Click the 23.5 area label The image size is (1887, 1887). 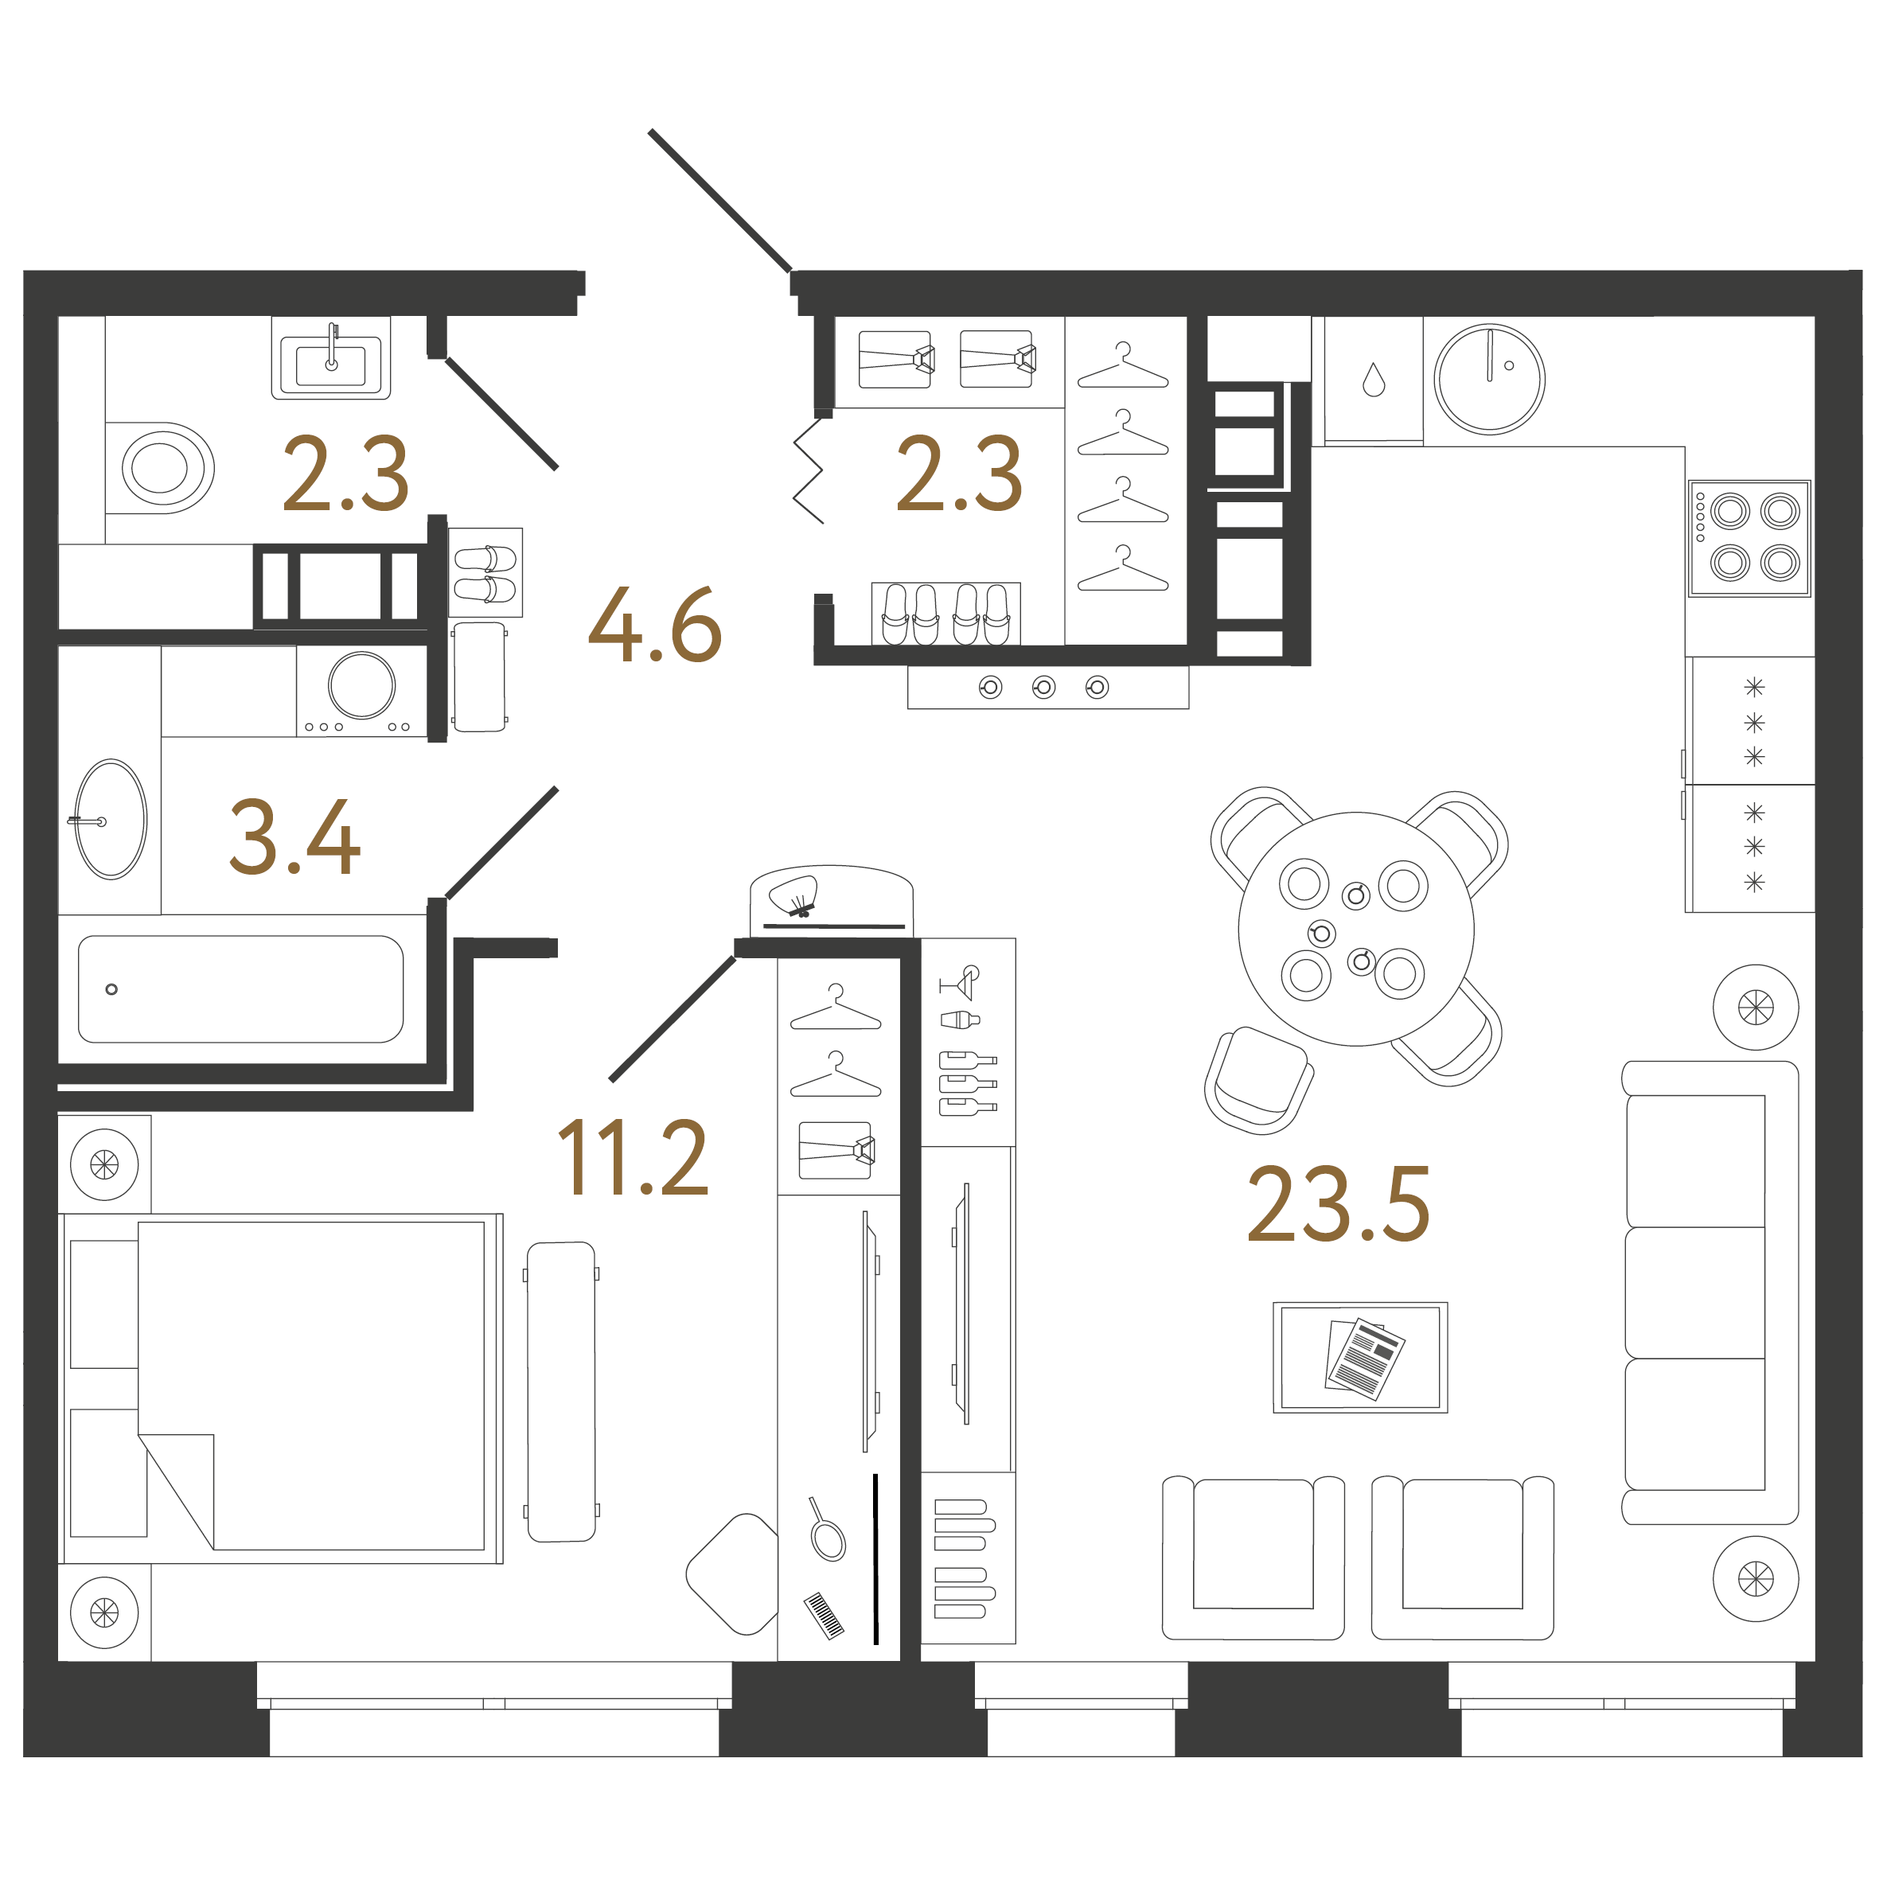[x=1338, y=1204]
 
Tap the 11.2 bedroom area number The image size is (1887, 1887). [x=633, y=1157]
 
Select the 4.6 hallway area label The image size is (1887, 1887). [x=654, y=625]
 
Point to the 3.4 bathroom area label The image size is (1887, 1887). [x=295, y=836]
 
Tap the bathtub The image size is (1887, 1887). [x=240, y=989]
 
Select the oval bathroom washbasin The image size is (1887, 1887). [x=111, y=820]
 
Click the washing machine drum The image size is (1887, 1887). [x=361, y=684]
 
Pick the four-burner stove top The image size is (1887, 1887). [x=1749, y=538]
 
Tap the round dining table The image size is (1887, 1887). [x=1355, y=929]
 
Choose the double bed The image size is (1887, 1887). [x=283, y=1388]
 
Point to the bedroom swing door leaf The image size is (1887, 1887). [x=672, y=1019]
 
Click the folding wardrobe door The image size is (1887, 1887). [x=808, y=472]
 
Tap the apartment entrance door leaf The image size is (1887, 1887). [x=719, y=201]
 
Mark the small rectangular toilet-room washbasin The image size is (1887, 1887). [x=331, y=357]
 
